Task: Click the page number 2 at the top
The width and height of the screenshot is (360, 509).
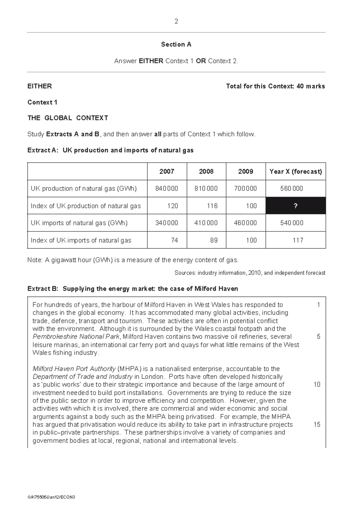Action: point(176,21)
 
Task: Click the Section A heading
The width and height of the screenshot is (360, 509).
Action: point(176,44)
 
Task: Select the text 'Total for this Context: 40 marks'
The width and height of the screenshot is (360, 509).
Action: point(275,86)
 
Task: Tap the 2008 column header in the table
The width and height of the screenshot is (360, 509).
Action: point(206,171)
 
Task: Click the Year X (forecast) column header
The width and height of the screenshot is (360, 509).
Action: point(295,171)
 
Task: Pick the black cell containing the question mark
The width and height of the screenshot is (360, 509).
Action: point(295,206)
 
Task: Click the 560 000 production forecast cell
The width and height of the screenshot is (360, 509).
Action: point(291,188)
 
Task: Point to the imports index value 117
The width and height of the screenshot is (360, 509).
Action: point(298,240)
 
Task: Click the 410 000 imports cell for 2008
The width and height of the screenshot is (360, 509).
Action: point(206,223)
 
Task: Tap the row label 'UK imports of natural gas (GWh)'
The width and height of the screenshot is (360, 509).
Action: point(79,223)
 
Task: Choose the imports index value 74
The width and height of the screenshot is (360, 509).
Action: point(174,240)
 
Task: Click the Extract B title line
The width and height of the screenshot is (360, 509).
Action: point(133,289)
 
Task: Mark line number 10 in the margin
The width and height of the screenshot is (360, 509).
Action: point(317,384)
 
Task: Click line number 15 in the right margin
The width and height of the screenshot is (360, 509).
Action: point(317,424)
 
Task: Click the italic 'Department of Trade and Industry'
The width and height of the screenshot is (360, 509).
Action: point(82,377)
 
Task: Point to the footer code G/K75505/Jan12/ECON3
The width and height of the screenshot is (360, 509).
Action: point(51,497)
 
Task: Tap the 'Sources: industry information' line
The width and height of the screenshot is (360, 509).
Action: point(250,273)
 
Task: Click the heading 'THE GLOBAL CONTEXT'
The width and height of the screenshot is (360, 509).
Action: point(68,118)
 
